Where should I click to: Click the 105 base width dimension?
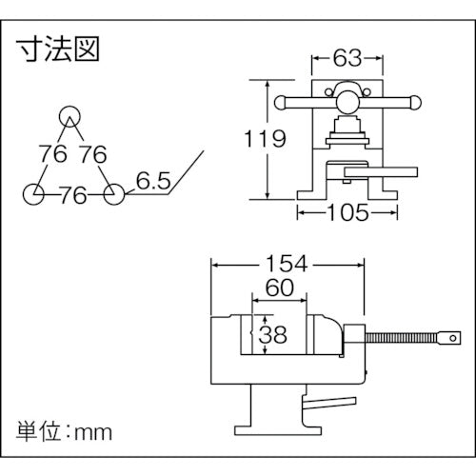click(346, 213)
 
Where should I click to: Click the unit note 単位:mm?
click(65, 430)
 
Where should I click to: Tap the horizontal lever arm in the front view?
click(381, 172)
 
